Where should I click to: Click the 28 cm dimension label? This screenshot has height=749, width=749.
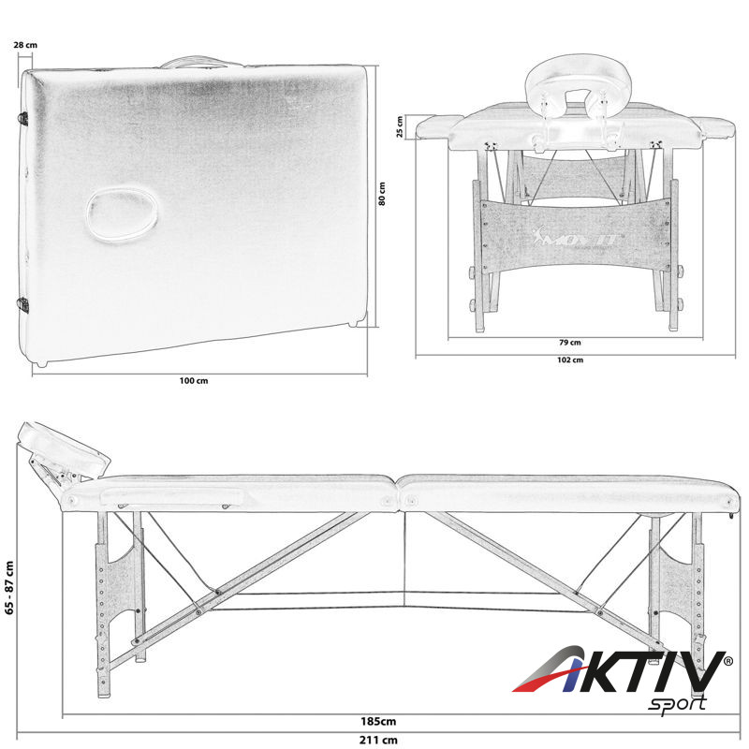pos(25,45)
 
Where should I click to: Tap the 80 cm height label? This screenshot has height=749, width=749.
pos(382,194)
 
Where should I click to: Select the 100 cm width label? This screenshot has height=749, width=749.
pos(194,381)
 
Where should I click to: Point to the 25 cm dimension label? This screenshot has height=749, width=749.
pos(400,126)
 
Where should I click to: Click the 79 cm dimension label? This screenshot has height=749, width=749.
pos(570,342)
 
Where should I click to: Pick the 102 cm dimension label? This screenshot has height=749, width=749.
pos(570,360)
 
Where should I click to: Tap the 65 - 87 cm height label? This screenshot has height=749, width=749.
pos(9,587)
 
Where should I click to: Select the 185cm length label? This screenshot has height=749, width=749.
pos(378,721)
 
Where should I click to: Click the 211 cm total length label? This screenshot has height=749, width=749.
pos(378,740)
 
